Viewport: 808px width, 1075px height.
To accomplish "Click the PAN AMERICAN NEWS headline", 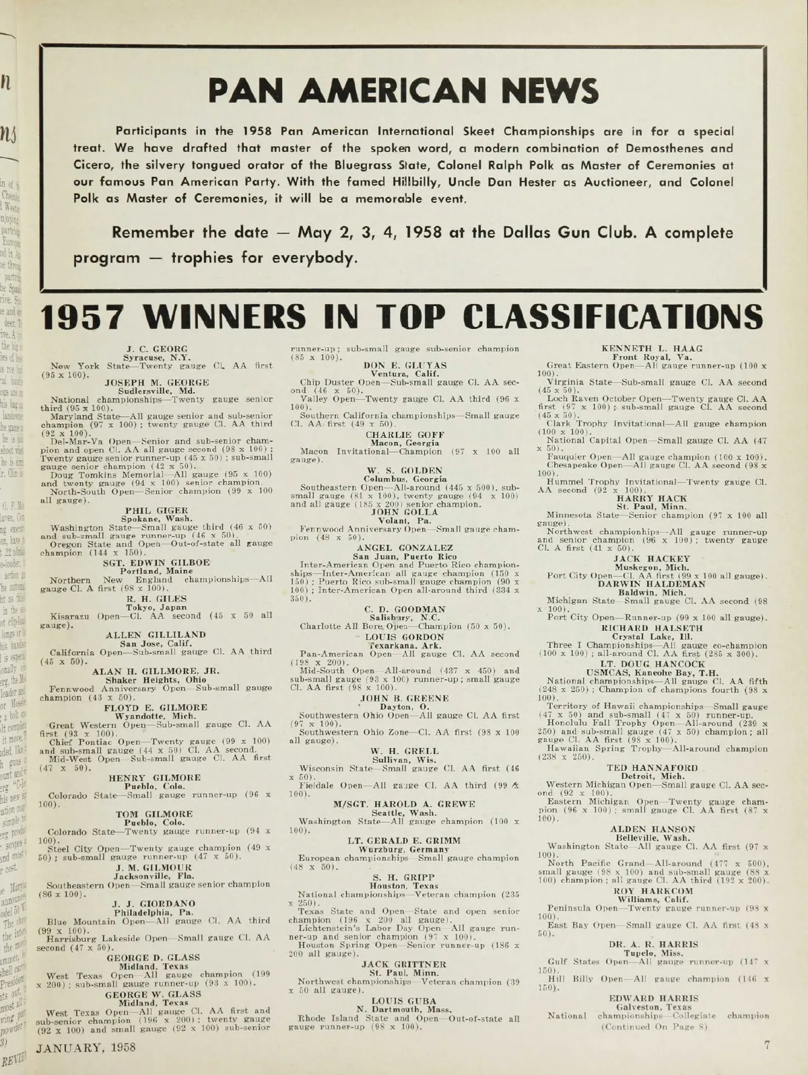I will tap(403, 90).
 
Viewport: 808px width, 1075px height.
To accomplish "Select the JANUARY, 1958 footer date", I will tap(86, 1047).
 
